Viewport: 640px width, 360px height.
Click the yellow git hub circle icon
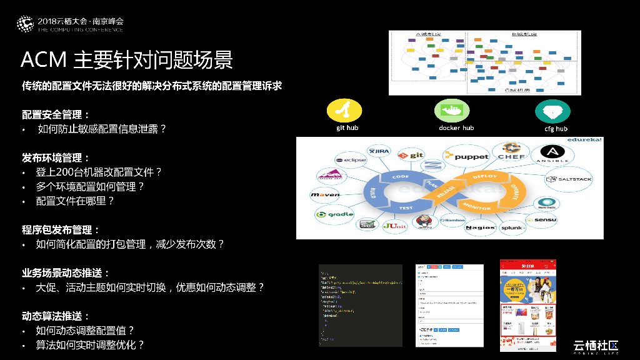pyautogui.click(x=344, y=111)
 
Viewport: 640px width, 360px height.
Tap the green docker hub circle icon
pyautogui.click(x=452, y=111)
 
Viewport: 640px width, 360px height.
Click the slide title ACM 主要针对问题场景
pyautogui.click(x=127, y=60)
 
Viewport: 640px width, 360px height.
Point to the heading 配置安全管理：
pyautogui.click(x=56, y=114)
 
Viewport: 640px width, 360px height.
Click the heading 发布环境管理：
pyautogui.click(x=56, y=157)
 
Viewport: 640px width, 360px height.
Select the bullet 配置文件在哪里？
pyautogui.click(x=76, y=201)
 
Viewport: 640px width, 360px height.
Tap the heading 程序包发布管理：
pyautogui.click(x=61, y=230)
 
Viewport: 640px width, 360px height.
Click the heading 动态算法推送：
pyautogui.click(x=56, y=316)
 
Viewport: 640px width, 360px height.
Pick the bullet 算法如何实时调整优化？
pyautogui.click(x=90, y=344)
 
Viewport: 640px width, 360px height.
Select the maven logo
pyautogui.click(x=326, y=195)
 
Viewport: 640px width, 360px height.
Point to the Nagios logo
pyautogui.click(x=480, y=227)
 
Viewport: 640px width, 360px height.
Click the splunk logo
pyautogui.click(x=511, y=228)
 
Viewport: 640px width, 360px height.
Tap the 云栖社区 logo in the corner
pyautogui.click(x=596, y=347)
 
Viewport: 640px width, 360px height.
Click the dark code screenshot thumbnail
pyautogui.click(x=361, y=305)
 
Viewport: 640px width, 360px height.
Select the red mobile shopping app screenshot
pyautogui.click(x=527, y=305)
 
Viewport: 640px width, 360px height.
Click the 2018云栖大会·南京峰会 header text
pyautogui.click(x=80, y=21)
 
